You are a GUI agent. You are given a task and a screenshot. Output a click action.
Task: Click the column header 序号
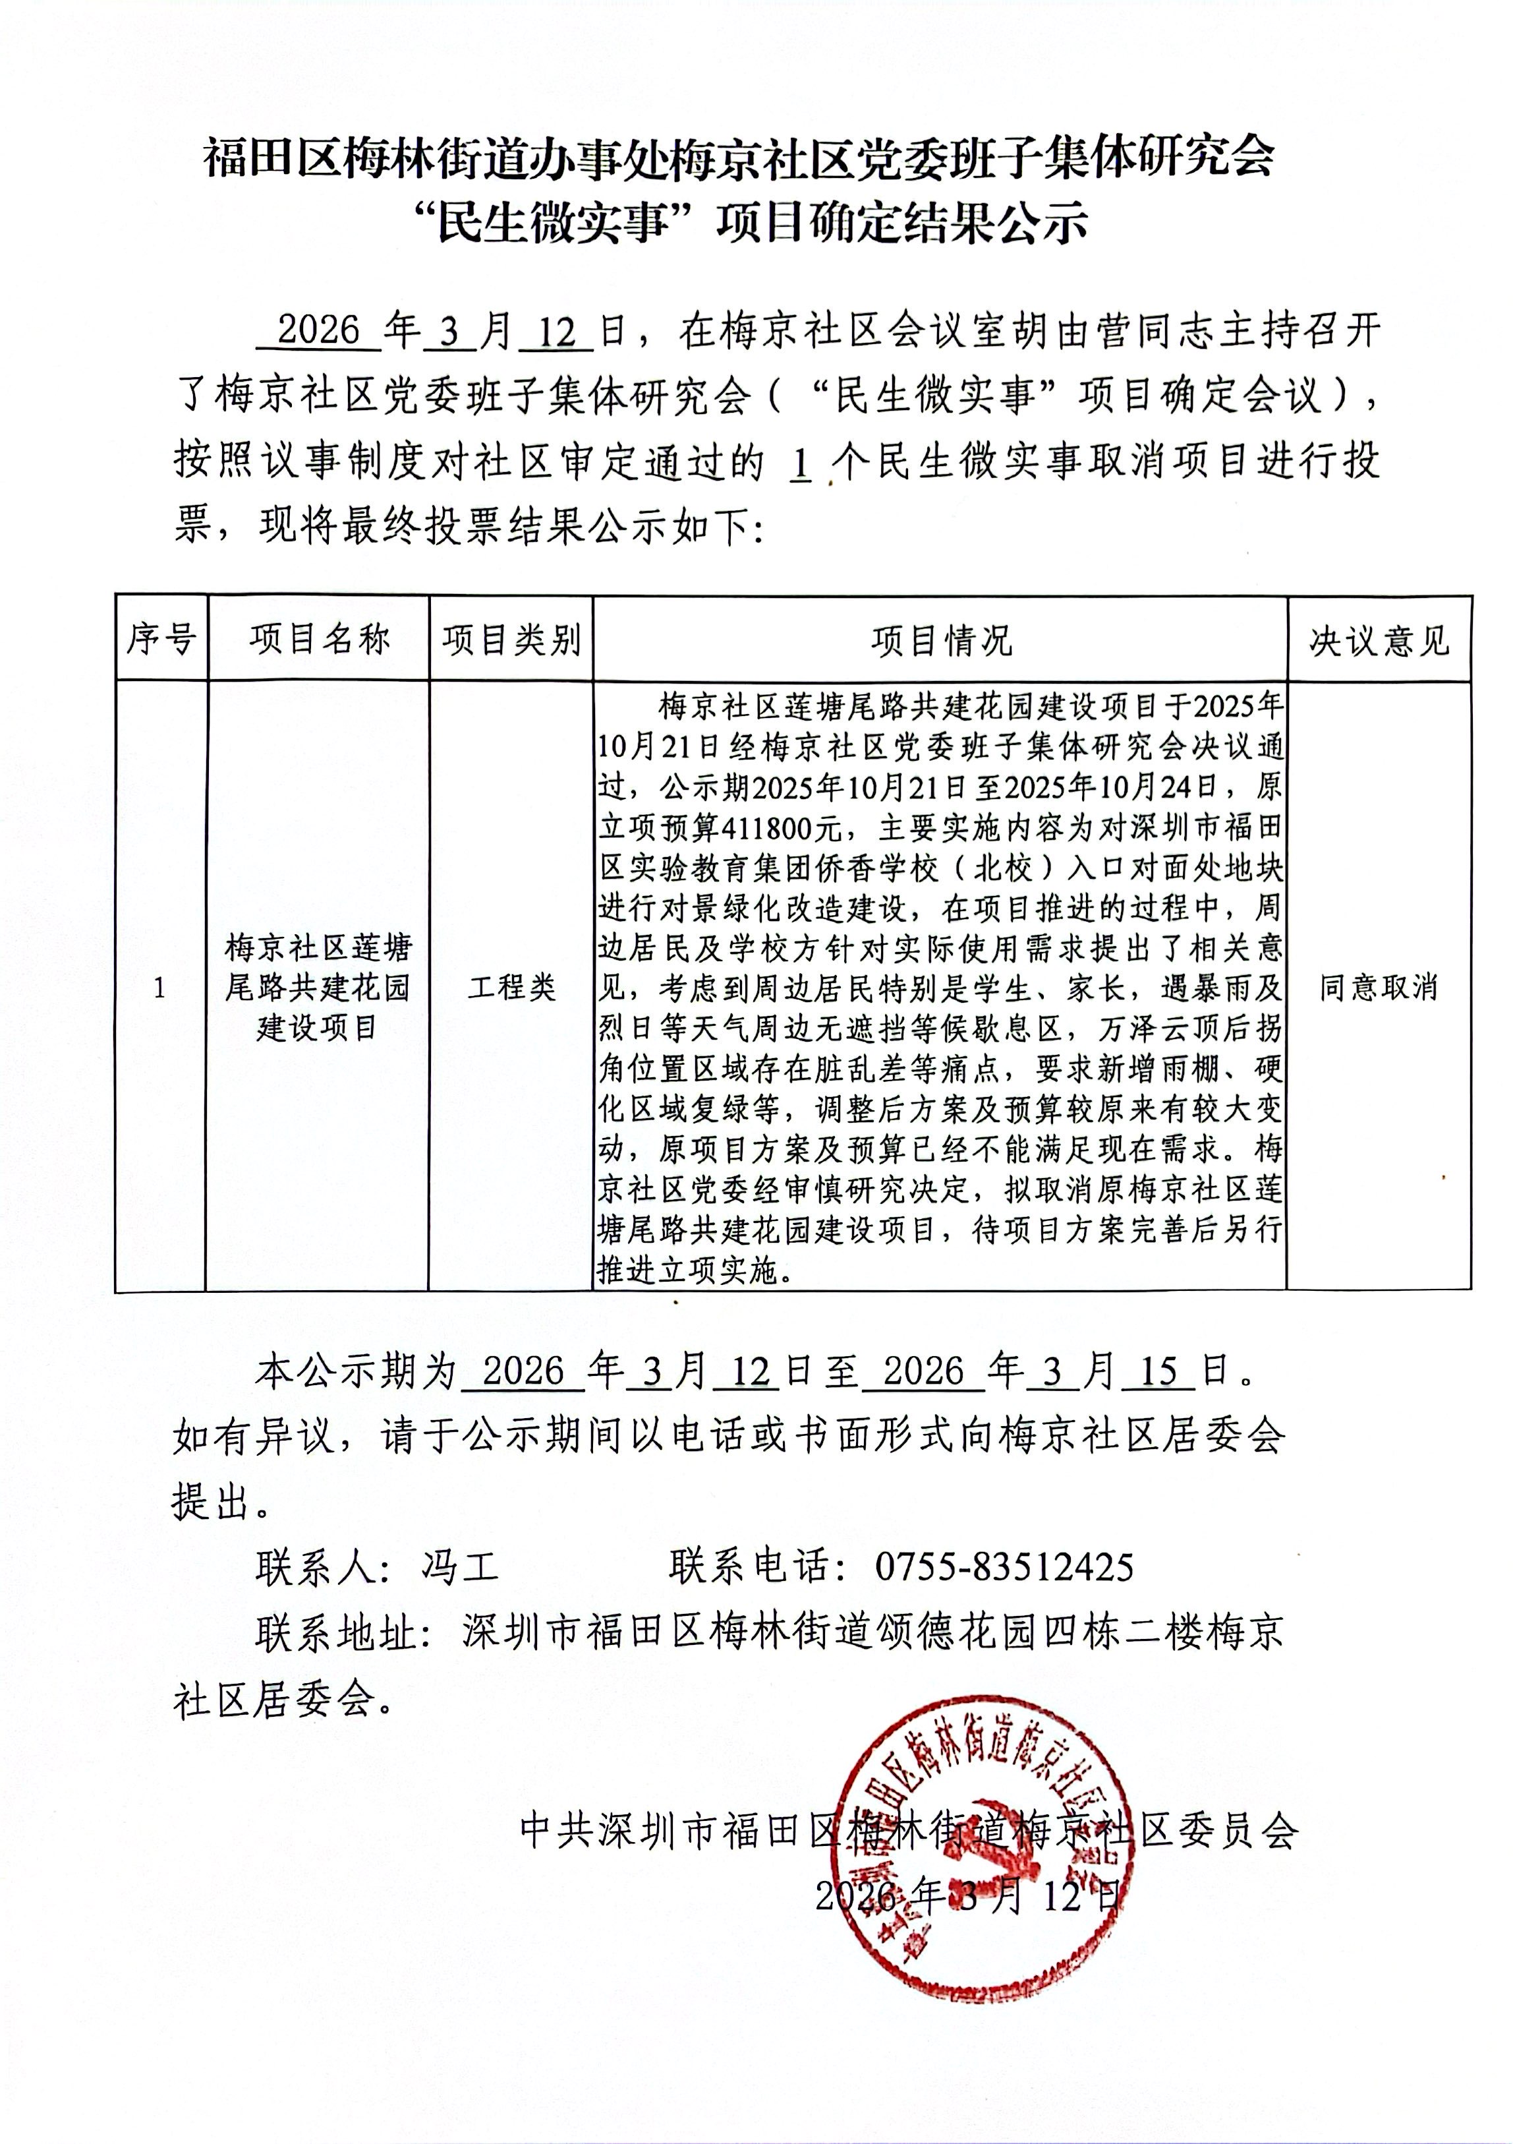(161, 640)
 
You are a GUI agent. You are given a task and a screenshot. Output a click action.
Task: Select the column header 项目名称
(318, 640)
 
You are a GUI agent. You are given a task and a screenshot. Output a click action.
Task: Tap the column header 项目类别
(511, 640)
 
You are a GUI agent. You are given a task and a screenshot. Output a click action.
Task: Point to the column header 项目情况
(941, 641)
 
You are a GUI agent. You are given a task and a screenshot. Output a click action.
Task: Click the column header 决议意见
(1379, 641)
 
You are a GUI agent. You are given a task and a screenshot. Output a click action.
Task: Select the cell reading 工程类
(511, 987)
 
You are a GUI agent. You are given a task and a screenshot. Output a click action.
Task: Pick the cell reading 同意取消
(1379, 987)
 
